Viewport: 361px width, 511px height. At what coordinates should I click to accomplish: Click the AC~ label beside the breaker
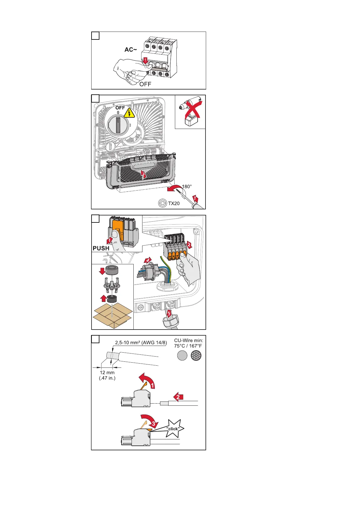pos(131,49)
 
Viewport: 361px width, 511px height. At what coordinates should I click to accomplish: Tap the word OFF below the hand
pos(145,84)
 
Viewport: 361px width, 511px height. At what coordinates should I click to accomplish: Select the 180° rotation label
pos(187,186)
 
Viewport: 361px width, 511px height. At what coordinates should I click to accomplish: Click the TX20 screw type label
pos(174,203)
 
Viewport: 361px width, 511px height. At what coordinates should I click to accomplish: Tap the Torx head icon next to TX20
pos(163,203)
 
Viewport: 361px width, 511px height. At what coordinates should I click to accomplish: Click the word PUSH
pos(101,248)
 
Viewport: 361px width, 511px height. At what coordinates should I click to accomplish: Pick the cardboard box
pos(112,315)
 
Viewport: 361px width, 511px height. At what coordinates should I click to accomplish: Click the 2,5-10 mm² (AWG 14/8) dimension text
pos(141,343)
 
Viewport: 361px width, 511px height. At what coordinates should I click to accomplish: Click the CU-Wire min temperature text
pos(188,343)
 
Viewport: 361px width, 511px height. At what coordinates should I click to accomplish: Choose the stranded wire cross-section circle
pos(196,356)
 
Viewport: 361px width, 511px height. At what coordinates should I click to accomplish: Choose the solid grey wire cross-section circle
pos(182,356)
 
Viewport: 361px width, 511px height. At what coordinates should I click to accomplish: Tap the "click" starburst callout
pos(173,428)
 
